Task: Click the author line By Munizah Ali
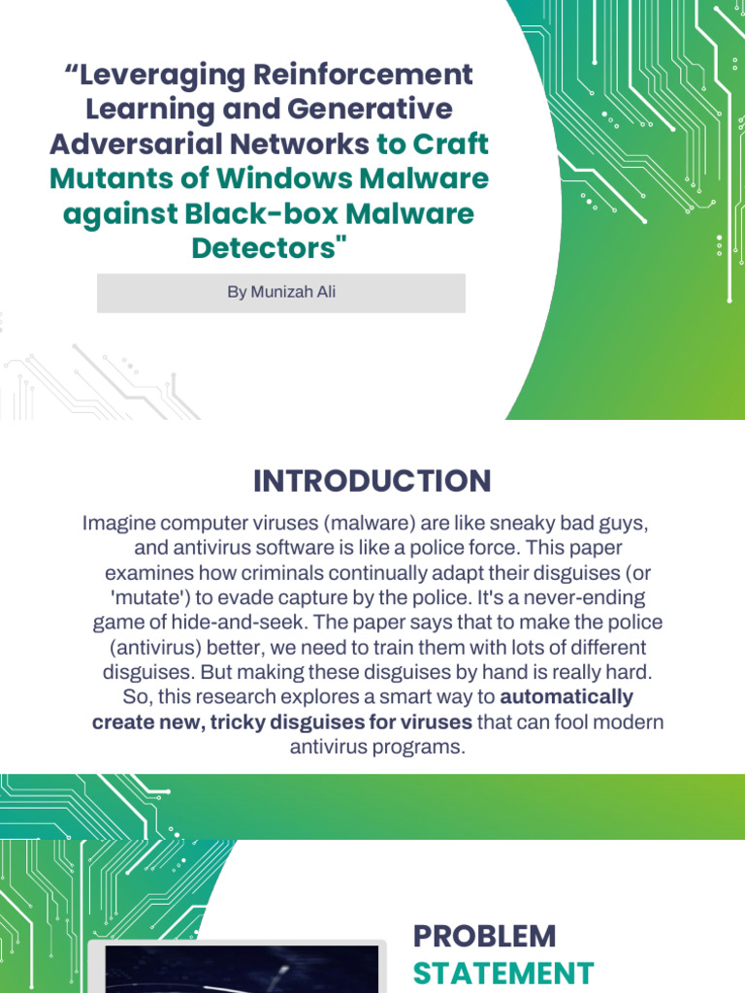281,292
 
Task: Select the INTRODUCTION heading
372,481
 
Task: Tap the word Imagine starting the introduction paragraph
116,524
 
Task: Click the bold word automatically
567,697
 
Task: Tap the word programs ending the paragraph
418,748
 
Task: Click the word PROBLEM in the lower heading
484,937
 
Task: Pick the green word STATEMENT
502,973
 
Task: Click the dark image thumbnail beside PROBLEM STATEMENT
237,969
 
